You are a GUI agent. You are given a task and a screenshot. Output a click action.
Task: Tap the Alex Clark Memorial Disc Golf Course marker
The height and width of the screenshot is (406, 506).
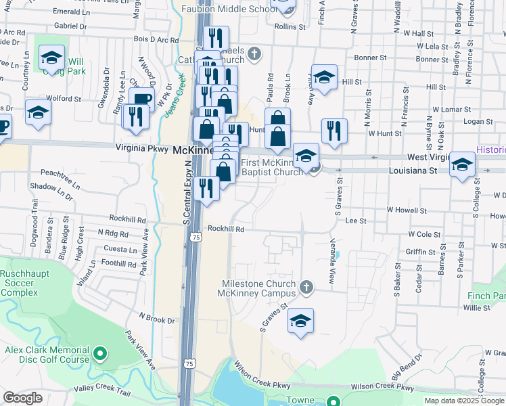[100, 353]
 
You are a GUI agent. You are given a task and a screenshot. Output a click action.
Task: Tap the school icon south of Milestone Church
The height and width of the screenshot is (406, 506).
[300, 321]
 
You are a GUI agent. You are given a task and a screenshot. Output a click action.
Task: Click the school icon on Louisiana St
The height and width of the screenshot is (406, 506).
[463, 164]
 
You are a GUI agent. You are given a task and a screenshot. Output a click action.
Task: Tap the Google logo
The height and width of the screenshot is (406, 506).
[23, 398]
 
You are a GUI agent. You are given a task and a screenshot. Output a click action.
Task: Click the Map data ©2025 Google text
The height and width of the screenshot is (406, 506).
[464, 401]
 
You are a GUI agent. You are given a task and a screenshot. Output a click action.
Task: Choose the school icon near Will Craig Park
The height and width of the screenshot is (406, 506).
[51, 58]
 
